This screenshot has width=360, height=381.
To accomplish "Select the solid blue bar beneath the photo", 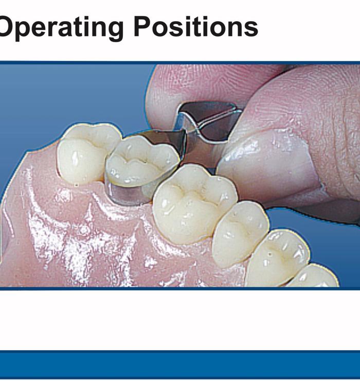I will tap(180, 366).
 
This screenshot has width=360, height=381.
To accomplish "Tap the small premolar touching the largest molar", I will tap(240, 232).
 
